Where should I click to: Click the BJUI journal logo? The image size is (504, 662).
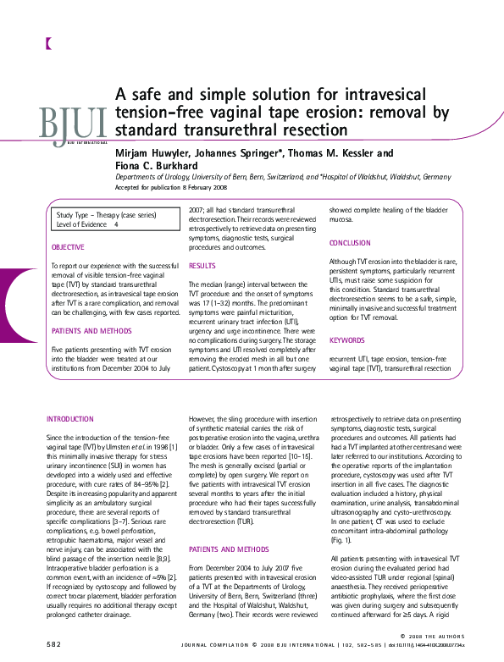(74, 124)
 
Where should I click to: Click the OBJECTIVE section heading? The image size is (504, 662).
(69, 247)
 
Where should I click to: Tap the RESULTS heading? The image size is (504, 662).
(202, 266)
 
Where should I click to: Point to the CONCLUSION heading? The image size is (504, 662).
(350, 243)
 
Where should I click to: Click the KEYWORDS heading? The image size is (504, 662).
(346, 340)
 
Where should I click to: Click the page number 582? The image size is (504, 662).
(54, 644)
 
